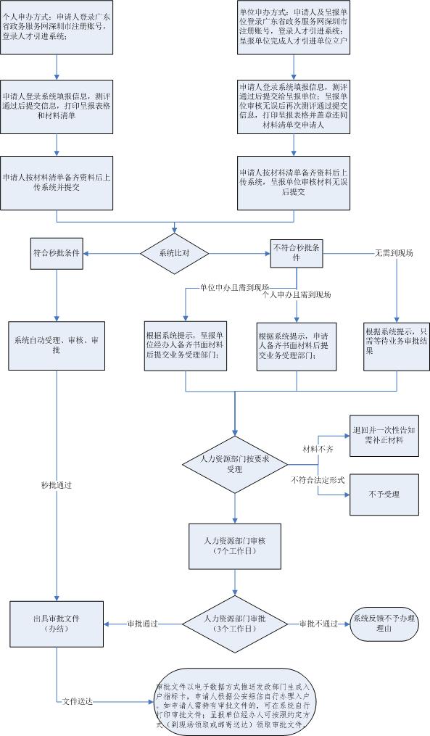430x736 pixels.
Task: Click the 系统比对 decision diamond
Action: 175,253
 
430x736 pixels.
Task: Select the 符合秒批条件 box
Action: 57,253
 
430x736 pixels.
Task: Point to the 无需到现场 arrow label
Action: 394,253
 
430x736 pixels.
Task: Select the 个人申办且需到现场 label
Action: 297,296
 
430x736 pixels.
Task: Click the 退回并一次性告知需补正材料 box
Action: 384,435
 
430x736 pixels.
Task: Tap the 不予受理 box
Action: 384,495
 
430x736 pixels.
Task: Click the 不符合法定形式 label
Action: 318,480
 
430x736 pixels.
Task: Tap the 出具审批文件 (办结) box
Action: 56,623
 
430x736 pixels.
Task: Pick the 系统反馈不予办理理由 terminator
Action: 384,623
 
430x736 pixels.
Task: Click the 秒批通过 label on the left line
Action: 57,484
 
